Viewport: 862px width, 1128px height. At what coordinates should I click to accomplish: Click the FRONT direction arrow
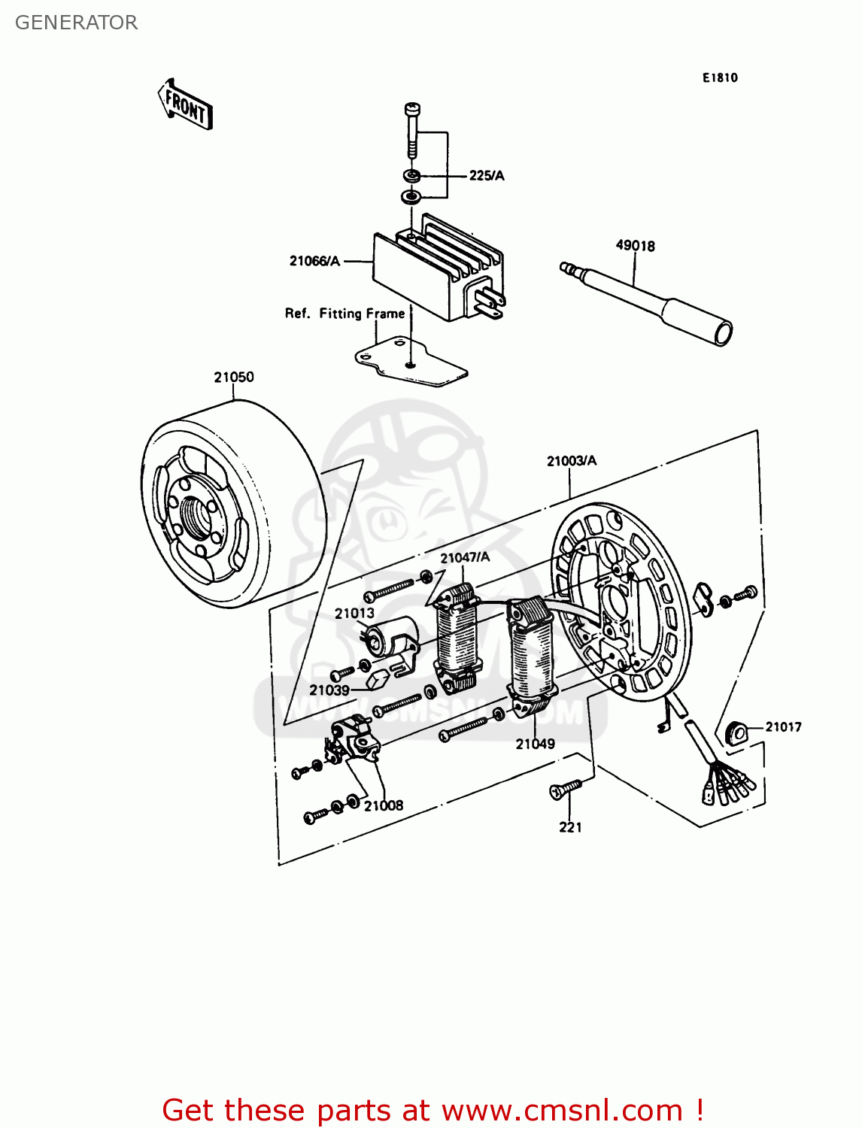185,105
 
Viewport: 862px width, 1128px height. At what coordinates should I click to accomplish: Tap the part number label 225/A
486,176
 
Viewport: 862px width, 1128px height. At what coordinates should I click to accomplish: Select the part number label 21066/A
314,261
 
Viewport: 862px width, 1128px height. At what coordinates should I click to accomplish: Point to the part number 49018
635,246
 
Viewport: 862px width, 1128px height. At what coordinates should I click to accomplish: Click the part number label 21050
233,378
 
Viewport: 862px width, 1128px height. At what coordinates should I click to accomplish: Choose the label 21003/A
571,461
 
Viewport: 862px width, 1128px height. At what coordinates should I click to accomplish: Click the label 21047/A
465,557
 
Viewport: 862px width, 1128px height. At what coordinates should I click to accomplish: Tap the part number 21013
354,613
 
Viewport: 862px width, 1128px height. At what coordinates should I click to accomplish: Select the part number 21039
329,690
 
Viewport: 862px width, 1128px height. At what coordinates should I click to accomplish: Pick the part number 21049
535,744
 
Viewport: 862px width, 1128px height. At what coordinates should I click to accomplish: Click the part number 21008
384,805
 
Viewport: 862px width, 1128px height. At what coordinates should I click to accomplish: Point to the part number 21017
783,727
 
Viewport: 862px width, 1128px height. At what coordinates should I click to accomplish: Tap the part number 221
570,827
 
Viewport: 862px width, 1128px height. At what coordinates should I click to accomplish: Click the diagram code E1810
720,78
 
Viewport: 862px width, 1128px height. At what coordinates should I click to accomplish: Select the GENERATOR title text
76,23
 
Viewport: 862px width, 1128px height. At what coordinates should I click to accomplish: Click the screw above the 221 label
563,788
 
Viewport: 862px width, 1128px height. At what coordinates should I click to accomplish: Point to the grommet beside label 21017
736,731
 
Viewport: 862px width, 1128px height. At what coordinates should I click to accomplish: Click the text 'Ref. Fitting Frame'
344,314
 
